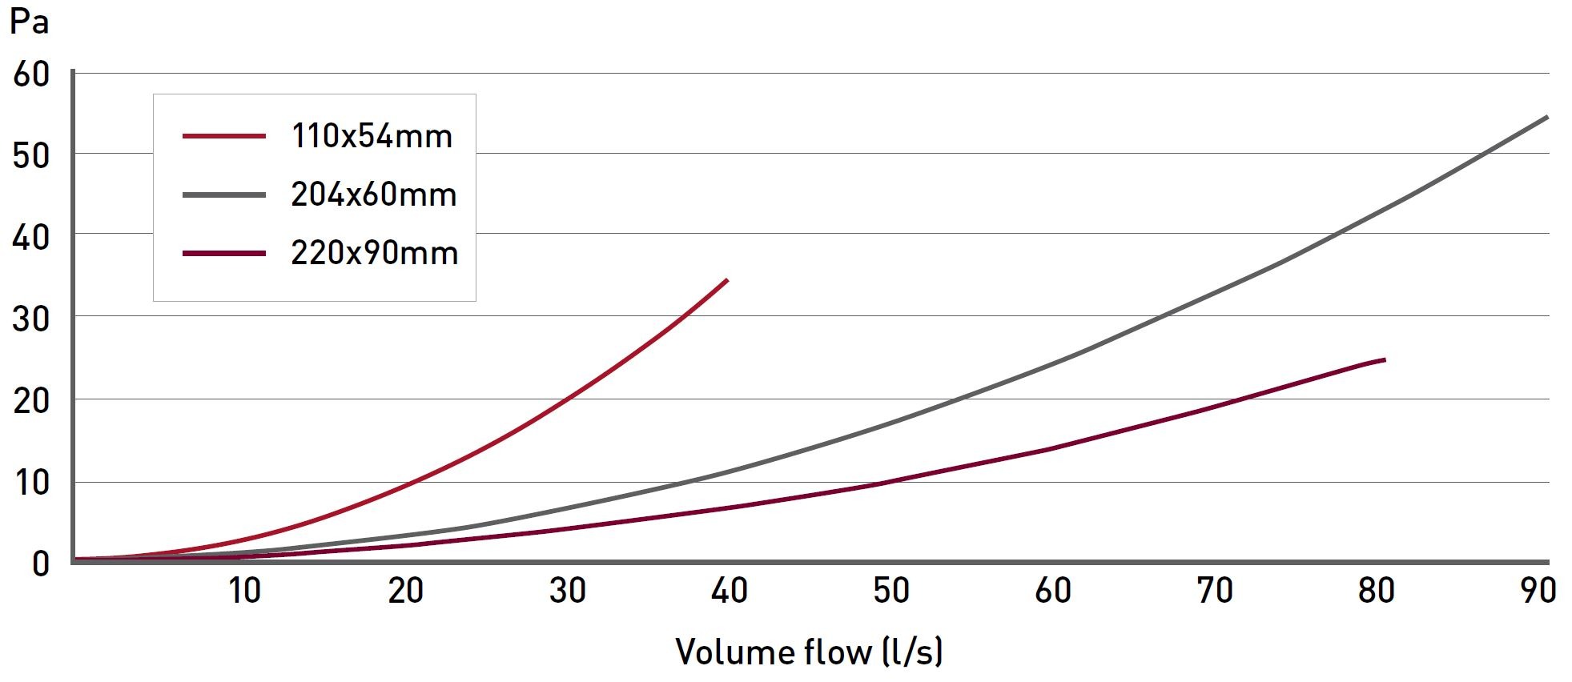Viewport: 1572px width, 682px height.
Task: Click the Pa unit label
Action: [29, 22]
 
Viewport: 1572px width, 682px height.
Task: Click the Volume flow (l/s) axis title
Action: [810, 652]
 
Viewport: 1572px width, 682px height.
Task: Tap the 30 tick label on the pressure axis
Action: [31, 319]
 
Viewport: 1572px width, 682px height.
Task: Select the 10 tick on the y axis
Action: [31, 483]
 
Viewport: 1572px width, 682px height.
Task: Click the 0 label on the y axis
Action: [40, 564]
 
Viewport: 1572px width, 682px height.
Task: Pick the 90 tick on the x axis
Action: [1538, 591]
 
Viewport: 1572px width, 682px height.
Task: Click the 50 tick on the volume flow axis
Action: [891, 591]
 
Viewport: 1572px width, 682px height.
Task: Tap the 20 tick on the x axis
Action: [406, 591]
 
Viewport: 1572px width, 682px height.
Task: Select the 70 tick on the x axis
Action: [1214, 591]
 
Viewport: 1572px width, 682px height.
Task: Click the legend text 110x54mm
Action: [372, 136]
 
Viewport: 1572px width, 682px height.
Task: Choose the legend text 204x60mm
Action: [373, 195]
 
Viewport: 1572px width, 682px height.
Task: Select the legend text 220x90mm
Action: [374, 253]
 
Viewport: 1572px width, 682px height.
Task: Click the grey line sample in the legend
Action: [224, 195]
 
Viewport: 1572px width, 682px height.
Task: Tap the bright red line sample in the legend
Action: [224, 136]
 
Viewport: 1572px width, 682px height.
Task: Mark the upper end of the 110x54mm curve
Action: [726, 279]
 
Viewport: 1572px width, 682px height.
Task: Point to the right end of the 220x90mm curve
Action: [1384, 360]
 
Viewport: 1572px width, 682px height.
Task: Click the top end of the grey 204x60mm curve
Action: [1546, 117]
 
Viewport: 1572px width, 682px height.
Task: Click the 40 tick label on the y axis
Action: [31, 238]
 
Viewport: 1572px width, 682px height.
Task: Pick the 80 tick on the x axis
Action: [1376, 591]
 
